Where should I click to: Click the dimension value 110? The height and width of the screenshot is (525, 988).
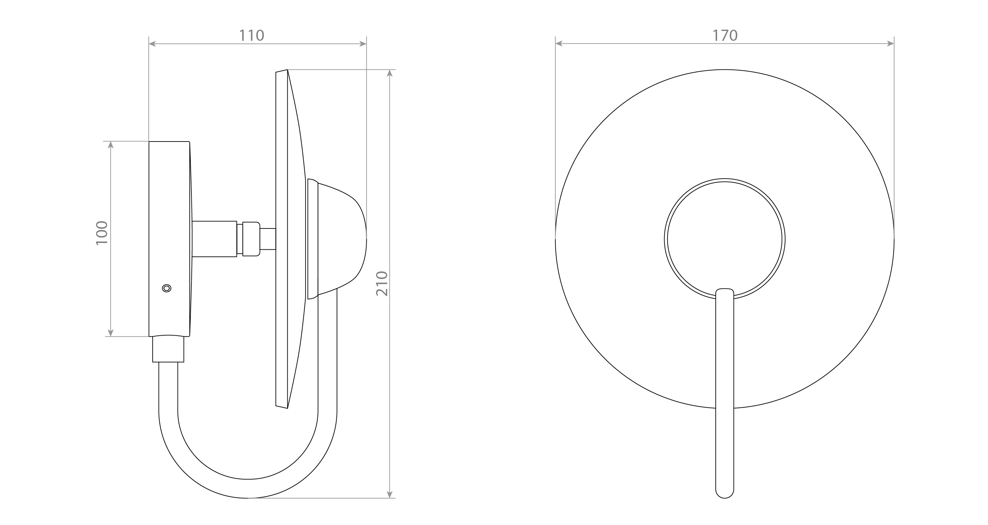coord(252,35)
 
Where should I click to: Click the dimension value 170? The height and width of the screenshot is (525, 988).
coord(725,35)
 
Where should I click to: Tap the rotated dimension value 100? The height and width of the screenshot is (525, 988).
coord(102,233)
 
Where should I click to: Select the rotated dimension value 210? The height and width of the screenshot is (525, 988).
coord(382,283)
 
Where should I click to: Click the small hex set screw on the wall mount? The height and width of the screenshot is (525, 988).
coord(166,288)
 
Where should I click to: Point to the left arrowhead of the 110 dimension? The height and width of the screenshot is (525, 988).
coord(152,44)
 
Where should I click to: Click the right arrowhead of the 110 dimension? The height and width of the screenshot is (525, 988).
coord(363,44)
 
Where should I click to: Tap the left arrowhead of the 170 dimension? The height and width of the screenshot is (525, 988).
coord(559,44)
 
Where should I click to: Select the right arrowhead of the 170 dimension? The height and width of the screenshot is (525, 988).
coord(891,44)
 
